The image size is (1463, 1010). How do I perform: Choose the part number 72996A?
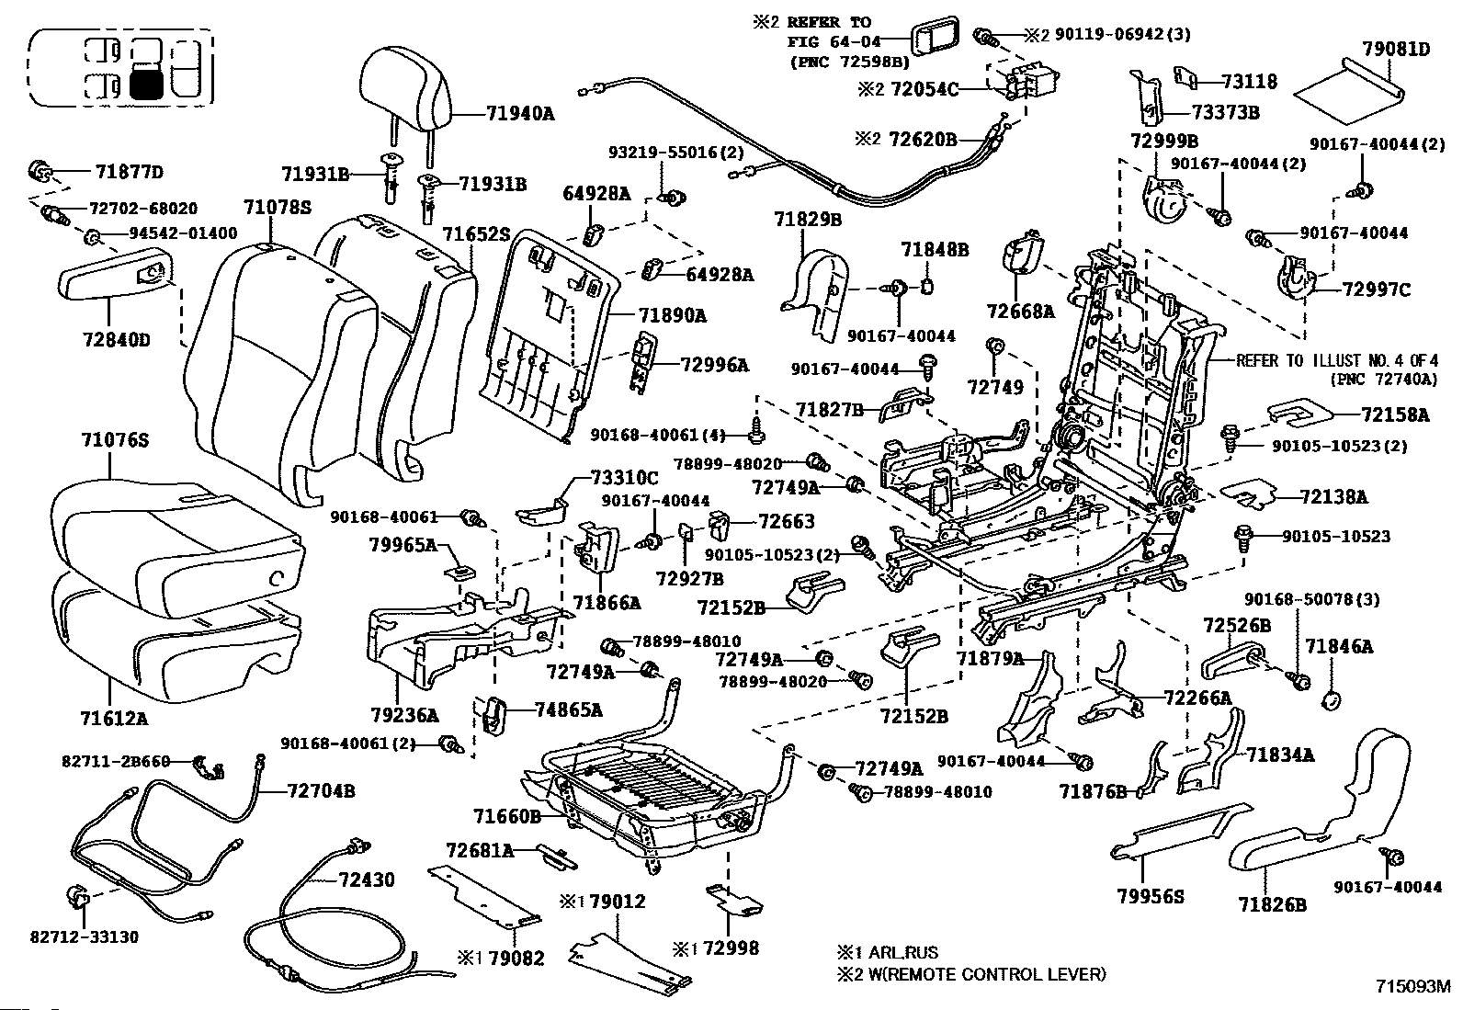point(714,365)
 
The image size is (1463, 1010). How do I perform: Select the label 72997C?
point(1376,290)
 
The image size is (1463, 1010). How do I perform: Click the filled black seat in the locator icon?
point(146,85)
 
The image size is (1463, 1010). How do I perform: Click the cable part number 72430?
point(366,880)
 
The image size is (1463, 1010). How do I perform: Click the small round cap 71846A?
point(1331,701)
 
